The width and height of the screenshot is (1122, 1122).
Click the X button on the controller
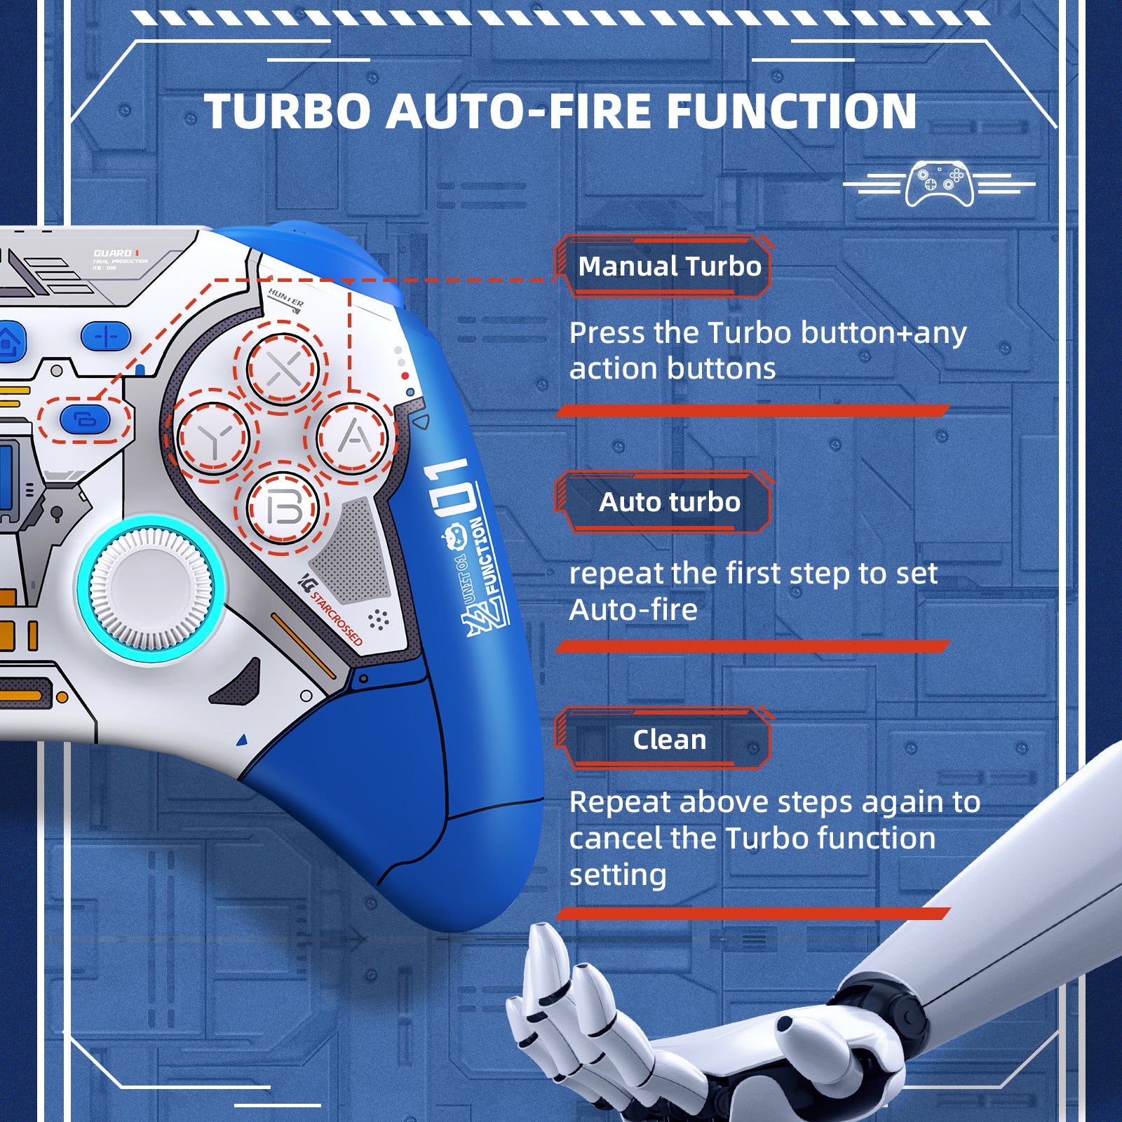click(x=284, y=369)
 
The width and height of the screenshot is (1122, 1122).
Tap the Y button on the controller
click(x=213, y=438)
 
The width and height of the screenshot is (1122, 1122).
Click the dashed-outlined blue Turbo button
click(x=85, y=420)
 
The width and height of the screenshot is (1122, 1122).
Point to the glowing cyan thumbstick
click(x=151, y=588)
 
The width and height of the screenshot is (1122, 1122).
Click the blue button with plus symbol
click(x=106, y=337)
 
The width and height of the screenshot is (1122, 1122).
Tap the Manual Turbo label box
click(x=668, y=266)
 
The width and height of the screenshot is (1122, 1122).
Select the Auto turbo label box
click(x=668, y=502)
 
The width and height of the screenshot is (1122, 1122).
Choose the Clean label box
click(x=668, y=740)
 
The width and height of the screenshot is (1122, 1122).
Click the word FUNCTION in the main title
click(x=791, y=112)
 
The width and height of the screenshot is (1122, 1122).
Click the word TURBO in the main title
click(x=287, y=112)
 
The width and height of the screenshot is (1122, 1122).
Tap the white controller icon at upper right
click(x=939, y=184)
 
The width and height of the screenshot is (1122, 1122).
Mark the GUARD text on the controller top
click(x=112, y=253)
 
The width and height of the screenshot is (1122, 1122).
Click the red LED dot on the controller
click(x=405, y=377)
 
